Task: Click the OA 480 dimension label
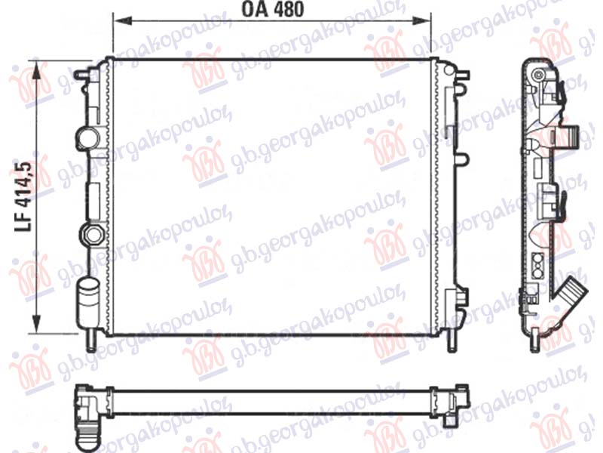click(272, 9)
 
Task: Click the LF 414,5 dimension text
click(23, 197)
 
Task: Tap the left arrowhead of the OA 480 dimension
click(121, 20)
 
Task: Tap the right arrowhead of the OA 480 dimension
click(421, 20)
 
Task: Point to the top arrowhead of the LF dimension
click(36, 70)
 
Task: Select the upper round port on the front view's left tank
click(88, 137)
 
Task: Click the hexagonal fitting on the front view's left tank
click(91, 234)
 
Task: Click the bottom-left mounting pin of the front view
click(90, 341)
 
